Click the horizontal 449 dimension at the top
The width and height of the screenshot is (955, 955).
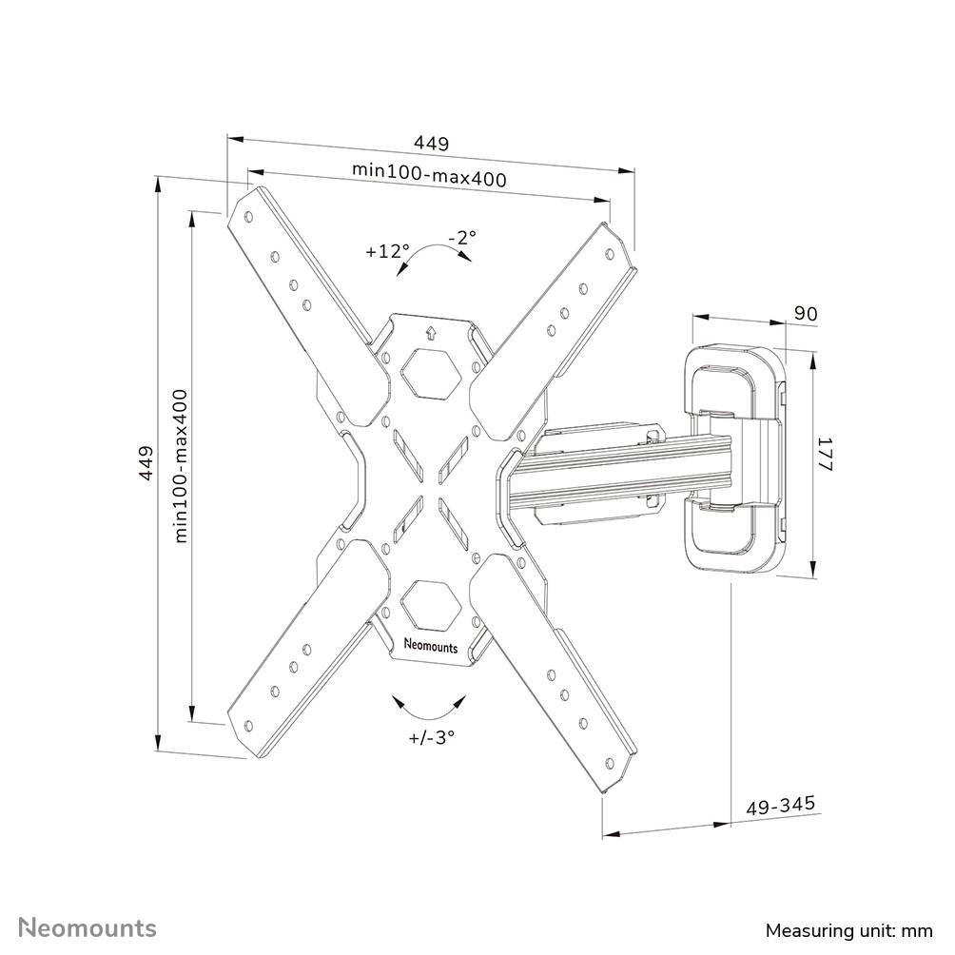pos(431,144)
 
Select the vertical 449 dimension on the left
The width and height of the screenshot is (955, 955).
pos(146,462)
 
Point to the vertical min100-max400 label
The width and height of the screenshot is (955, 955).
pos(181,465)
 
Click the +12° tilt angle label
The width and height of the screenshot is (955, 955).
pos(386,252)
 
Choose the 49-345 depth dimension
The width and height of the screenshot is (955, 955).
pos(780,805)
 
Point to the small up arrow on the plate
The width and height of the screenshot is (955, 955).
pos(431,332)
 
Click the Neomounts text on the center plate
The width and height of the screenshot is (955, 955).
pos(431,646)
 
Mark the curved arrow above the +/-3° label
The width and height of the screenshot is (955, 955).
pos(431,707)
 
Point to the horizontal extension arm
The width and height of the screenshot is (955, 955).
pos(618,466)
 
